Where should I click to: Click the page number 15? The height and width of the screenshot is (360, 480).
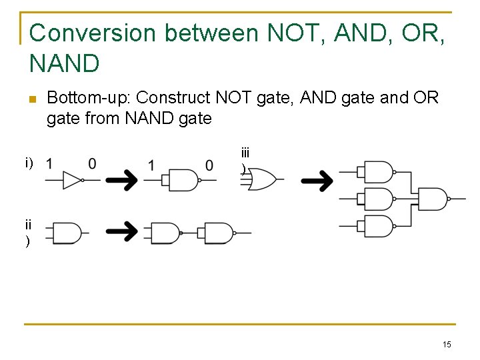pyautogui.click(x=447, y=344)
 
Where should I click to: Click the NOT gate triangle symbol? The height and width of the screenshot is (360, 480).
pyautogui.click(x=72, y=180)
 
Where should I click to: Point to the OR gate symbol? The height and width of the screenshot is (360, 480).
pyautogui.click(x=261, y=179)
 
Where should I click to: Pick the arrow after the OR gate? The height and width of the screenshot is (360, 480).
pyautogui.click(x=317, y=179)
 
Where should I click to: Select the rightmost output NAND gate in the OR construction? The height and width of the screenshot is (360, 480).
pyautogui.click(x=432, y=199)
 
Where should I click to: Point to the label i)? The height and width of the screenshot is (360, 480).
pyautogui.click(x=29, y=163)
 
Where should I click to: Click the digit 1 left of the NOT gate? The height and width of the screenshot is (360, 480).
pyautogui.click(x=50, y=163)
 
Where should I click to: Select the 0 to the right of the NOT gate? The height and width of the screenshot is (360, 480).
pyautogui.click(x=91, y=163)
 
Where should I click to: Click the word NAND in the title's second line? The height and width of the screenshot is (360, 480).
pyautogui.click(x=65, y=63)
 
